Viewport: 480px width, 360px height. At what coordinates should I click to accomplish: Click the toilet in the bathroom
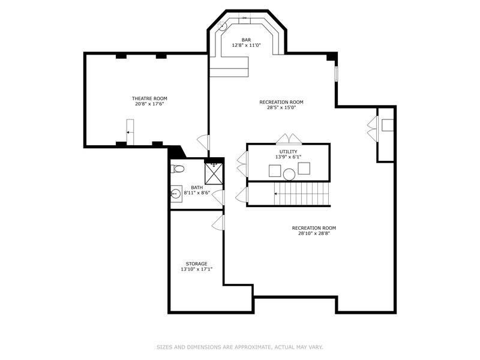pos(177,170)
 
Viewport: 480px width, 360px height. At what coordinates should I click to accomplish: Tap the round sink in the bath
pos(176,194)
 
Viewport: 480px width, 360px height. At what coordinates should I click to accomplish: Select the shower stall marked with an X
pos(214,173)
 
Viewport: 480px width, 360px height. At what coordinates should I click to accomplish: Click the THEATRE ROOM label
pos(149,98)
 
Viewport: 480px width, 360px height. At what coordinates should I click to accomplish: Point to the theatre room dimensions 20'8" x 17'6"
pos(149,104)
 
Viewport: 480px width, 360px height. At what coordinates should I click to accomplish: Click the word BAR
pos(246,40)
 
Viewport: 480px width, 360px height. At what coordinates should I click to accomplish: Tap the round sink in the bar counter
pos(223,26)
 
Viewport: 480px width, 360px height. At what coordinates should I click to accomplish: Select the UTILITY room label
pos(288,152)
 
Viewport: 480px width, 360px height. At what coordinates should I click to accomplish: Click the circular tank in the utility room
pos(289,175)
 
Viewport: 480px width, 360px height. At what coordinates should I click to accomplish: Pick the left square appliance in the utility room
pos(274,170)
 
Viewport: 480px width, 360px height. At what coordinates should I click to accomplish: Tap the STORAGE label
pos(196,263)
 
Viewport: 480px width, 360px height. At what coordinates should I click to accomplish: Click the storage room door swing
pos(218,222)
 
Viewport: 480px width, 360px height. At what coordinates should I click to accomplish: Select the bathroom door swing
pos(218,197)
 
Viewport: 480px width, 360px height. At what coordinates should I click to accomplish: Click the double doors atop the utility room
pos(289,139)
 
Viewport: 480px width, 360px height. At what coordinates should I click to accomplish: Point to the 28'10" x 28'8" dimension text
pos(314,233)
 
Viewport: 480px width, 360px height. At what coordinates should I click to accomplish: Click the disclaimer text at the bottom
pos(240,347)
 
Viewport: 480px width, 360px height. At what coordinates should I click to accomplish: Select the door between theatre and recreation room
pos(203,143)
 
